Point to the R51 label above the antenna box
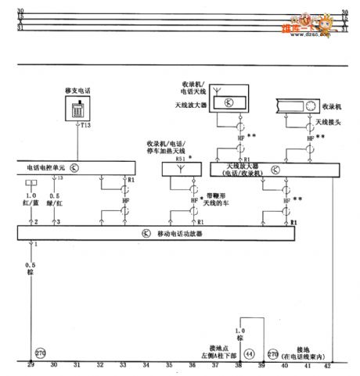[x=182, y=157]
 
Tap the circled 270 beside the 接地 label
[x=274, y=353]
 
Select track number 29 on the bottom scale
[x=31, y=366]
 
